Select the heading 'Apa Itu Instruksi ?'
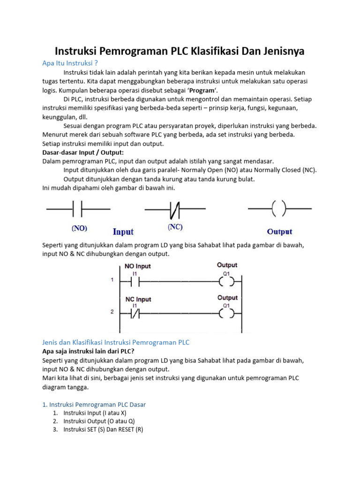point(70,63)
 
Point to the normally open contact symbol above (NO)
point(78,209)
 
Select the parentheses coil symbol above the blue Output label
point(279,209)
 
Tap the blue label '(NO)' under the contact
point(79,229)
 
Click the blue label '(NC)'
point(175,227)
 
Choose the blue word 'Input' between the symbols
point(123,232)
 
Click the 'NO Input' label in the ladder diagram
point(138,266)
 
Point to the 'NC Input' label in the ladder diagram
point(138,299)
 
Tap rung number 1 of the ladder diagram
point(112,280)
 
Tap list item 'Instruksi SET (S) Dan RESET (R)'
point(103,429)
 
